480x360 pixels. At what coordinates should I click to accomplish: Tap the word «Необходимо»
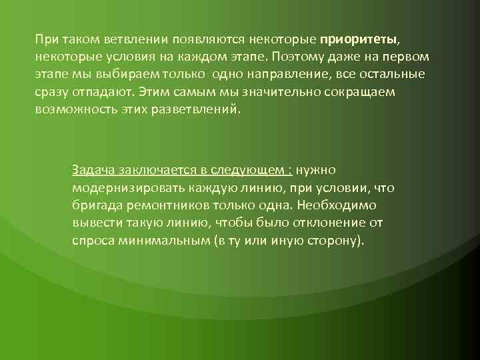(x=339, y=205)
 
